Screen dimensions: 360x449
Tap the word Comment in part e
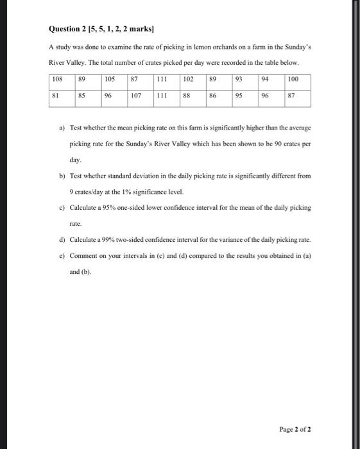click(85, 255)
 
